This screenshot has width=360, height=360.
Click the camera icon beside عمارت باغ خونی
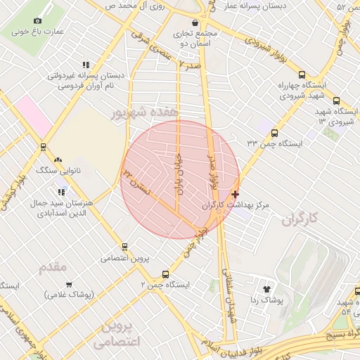[38, 21]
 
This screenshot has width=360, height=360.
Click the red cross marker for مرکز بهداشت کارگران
[235, 193]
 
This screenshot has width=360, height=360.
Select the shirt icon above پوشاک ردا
[266, 289]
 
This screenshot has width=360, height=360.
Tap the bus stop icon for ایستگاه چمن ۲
[165, 274]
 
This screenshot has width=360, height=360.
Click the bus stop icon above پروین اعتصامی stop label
[124, 247]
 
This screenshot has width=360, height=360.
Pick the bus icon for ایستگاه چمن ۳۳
[274, 132]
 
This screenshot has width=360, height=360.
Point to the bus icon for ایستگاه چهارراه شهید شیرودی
[302, 75]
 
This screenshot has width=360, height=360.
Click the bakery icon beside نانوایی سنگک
[58, 160]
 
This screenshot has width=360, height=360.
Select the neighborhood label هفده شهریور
[144, 112]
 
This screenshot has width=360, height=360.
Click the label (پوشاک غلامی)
[69, 295]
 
